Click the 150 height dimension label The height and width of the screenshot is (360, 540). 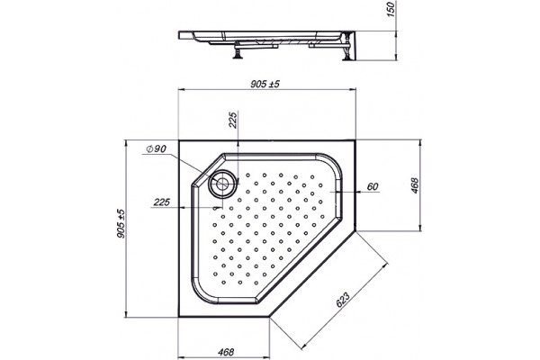392,10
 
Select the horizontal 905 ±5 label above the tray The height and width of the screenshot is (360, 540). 265,84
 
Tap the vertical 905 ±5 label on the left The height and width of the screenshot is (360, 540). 121,224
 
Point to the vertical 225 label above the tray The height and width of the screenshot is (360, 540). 233,120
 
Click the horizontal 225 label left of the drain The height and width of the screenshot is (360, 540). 161,202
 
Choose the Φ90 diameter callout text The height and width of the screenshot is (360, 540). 156,148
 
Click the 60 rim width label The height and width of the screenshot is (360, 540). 373,186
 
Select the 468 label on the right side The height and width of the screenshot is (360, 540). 414,185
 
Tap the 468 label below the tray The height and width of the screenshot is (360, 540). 226,352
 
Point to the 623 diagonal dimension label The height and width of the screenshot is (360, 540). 343,300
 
